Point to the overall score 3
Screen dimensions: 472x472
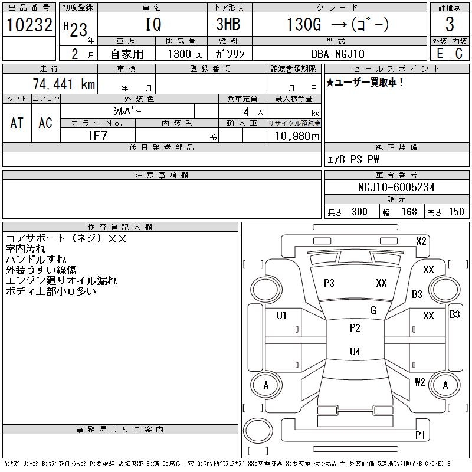point(450,25)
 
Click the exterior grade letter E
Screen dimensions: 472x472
point(439,53)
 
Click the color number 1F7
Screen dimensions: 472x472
point(97,135)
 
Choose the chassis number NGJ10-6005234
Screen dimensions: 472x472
point(396,187)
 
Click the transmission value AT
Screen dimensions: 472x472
point(17,123)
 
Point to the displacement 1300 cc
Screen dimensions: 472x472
point(185,53)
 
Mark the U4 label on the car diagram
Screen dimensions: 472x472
point(355,352)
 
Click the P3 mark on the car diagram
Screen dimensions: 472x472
point(329,283)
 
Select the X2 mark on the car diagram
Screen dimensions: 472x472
point(421,241)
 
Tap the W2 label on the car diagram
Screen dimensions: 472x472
point(420,382)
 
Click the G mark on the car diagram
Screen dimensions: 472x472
point(373,310)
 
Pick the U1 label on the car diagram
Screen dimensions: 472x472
point(281,316)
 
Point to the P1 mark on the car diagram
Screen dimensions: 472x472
point(420,435)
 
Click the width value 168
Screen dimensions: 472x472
point(408,212)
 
